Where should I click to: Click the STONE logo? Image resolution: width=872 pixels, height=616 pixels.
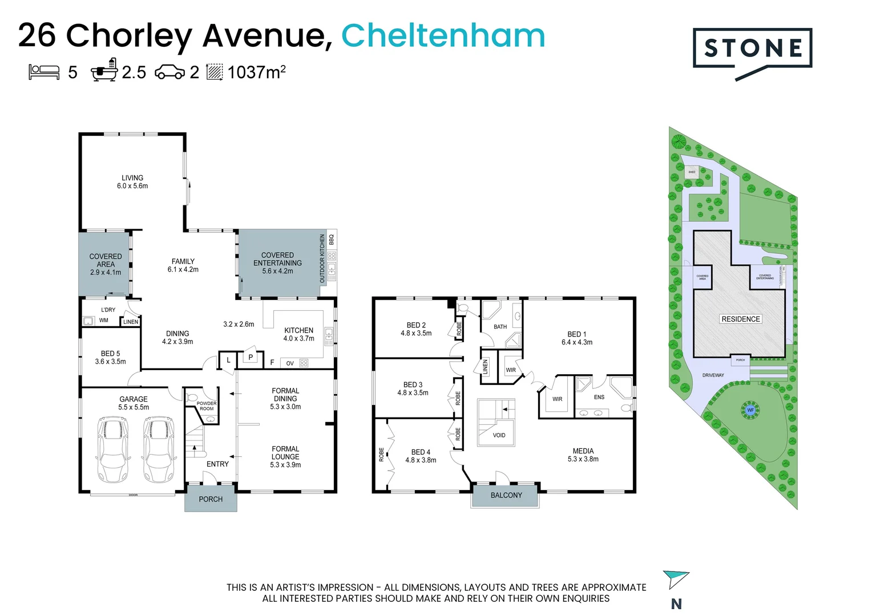coord(752,50)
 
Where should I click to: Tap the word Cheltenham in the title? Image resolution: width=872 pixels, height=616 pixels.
coord(443,35)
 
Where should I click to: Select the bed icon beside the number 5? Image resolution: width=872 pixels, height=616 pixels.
coord(44,72)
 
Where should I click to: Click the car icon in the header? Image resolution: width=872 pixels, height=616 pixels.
coord(169,72)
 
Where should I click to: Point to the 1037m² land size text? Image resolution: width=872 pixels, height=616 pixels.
coord(256,72)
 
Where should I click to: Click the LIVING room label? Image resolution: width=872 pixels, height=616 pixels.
coord(132,181)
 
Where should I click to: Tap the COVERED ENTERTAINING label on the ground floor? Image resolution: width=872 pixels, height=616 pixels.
coord(277,263)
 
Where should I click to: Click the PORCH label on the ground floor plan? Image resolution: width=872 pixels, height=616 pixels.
coord(211,499)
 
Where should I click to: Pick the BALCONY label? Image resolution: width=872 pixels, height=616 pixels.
coord(506,495)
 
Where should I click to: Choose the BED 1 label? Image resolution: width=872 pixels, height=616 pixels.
coord(577,338)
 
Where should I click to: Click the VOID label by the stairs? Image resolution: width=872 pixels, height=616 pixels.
coord(499,435)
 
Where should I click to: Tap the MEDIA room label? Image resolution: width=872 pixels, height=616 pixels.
coord(583,455)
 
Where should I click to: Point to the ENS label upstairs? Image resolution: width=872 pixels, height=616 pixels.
coord(599,397)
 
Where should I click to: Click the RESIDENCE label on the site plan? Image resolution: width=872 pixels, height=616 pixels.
coord(741,319)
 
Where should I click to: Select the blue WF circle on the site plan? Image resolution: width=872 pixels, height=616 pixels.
coord(750,410)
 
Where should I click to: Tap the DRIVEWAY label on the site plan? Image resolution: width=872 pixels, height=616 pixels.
coord(713,375)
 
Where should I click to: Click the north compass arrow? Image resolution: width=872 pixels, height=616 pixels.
coord(676,579)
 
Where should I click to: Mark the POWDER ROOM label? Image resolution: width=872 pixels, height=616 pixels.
coord(207,406)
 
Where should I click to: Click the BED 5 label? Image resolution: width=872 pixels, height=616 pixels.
coord(110,357)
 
